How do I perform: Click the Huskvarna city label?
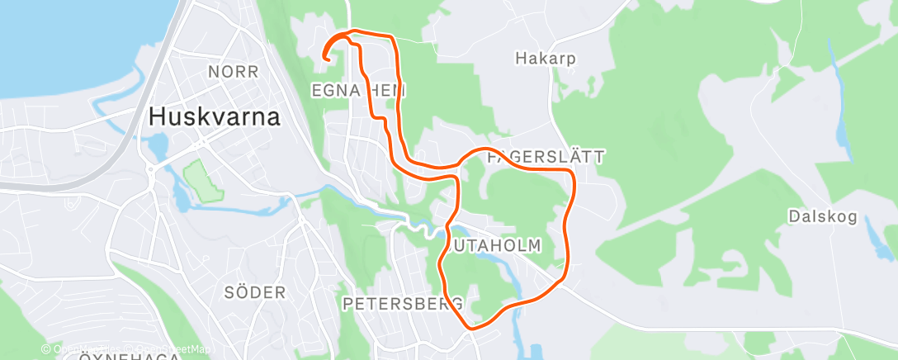[x=214, y=117]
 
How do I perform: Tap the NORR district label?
[x=234, y=72]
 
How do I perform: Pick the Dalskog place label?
[x=822, y=217]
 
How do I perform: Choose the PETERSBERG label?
[x=402, y=304]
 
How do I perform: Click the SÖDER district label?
[x=254, y=292]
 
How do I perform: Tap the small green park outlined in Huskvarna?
[x=203, y=180]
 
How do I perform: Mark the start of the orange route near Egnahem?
[x=325, y=59]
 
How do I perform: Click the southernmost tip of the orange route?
[x=471, y=328]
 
